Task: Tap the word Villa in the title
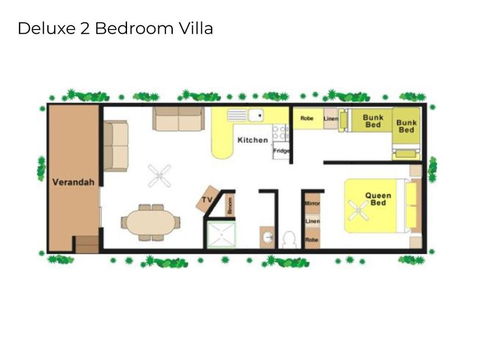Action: click(x=194, y=29)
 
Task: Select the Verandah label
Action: click(x=72, y=182)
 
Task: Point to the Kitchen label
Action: click(x=252, y=140)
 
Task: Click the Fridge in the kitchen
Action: click(x=282, y=150)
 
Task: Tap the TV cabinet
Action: click(x=209, y=199)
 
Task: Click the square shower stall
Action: click(x=218, y=234)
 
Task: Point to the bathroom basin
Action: click(x=267, y=235)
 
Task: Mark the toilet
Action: click(x=289, y=239)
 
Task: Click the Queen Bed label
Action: click(x=377, y=198)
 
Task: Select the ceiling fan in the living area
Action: click(x=160, y=176)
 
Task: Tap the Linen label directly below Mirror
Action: click(x=312, y=220)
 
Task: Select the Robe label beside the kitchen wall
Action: click(x=307, y=118)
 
